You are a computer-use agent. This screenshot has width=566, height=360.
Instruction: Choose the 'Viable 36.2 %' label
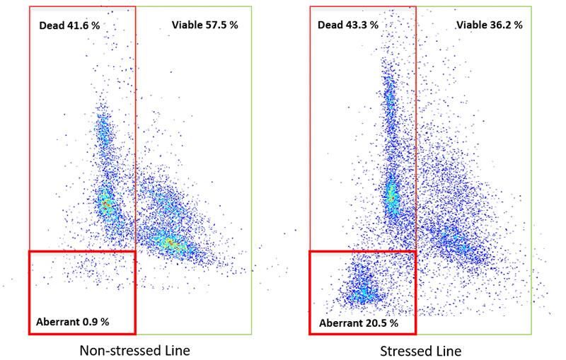490,25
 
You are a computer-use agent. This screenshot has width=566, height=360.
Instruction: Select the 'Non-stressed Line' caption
134,350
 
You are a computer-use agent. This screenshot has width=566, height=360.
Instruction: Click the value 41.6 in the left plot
80,25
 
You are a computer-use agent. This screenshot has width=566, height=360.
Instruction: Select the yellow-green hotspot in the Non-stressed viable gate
170,243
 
